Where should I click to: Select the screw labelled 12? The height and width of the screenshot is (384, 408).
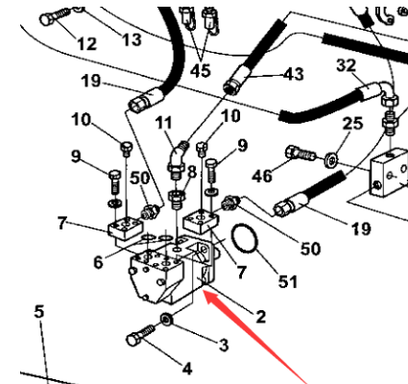[x=57, y=16]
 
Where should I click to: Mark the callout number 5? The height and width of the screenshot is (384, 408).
[x=39, y=310]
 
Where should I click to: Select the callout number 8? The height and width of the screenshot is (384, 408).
[x=192, y=172]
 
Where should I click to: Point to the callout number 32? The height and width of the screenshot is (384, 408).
[x=345, y=64]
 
